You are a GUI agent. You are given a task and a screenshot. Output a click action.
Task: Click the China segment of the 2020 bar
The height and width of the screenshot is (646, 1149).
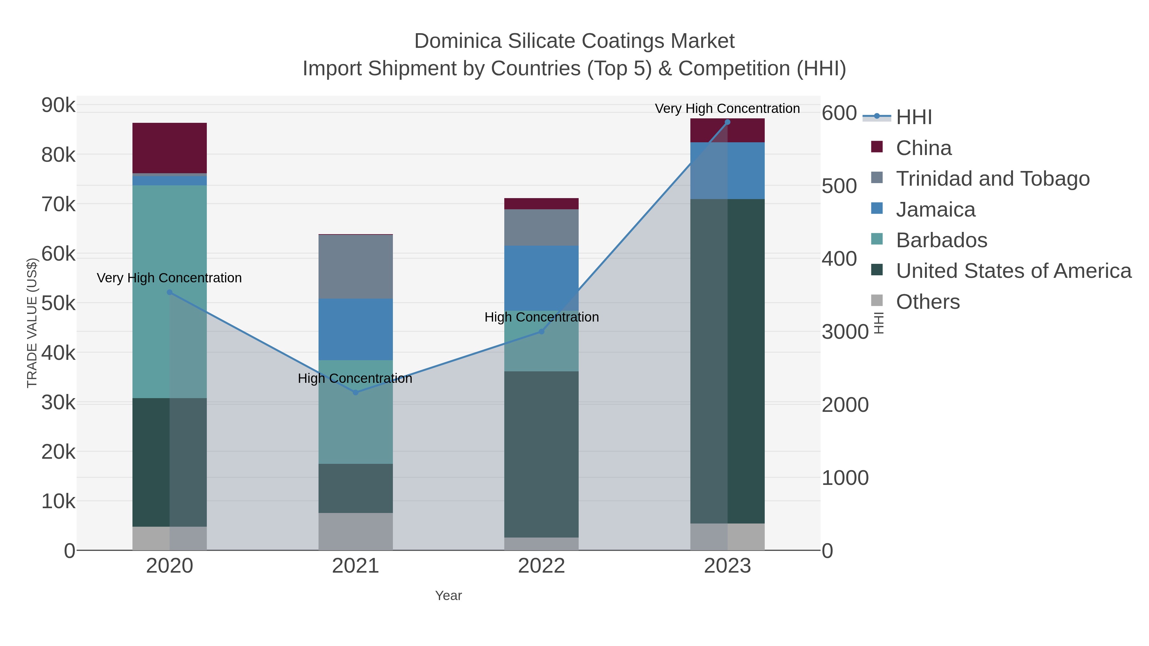click(x=169, y=148)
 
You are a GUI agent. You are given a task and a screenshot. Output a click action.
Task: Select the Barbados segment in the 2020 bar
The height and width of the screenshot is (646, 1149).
click(x=169, y=291)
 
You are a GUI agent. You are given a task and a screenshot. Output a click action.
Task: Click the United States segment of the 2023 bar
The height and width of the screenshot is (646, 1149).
click(x=727, y=361)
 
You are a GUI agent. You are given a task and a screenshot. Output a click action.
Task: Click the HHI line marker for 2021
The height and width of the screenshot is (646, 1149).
click(x=356, y=392)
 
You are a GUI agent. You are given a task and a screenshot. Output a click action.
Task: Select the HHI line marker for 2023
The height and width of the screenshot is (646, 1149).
click(x=727, y=122)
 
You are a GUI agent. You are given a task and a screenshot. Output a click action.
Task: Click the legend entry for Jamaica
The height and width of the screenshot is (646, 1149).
click(x=935, y=210)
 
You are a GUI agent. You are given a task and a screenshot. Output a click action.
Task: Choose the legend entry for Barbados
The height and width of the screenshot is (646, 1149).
click(x=941, y=240)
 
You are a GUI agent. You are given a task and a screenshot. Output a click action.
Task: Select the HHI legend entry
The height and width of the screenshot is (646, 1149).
click(x=913, y=117)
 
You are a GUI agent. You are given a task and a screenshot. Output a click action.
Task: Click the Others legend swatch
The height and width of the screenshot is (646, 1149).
click(x=876, y=301)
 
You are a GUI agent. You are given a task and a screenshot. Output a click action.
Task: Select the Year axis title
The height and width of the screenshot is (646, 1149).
click(x=448, y=596)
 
